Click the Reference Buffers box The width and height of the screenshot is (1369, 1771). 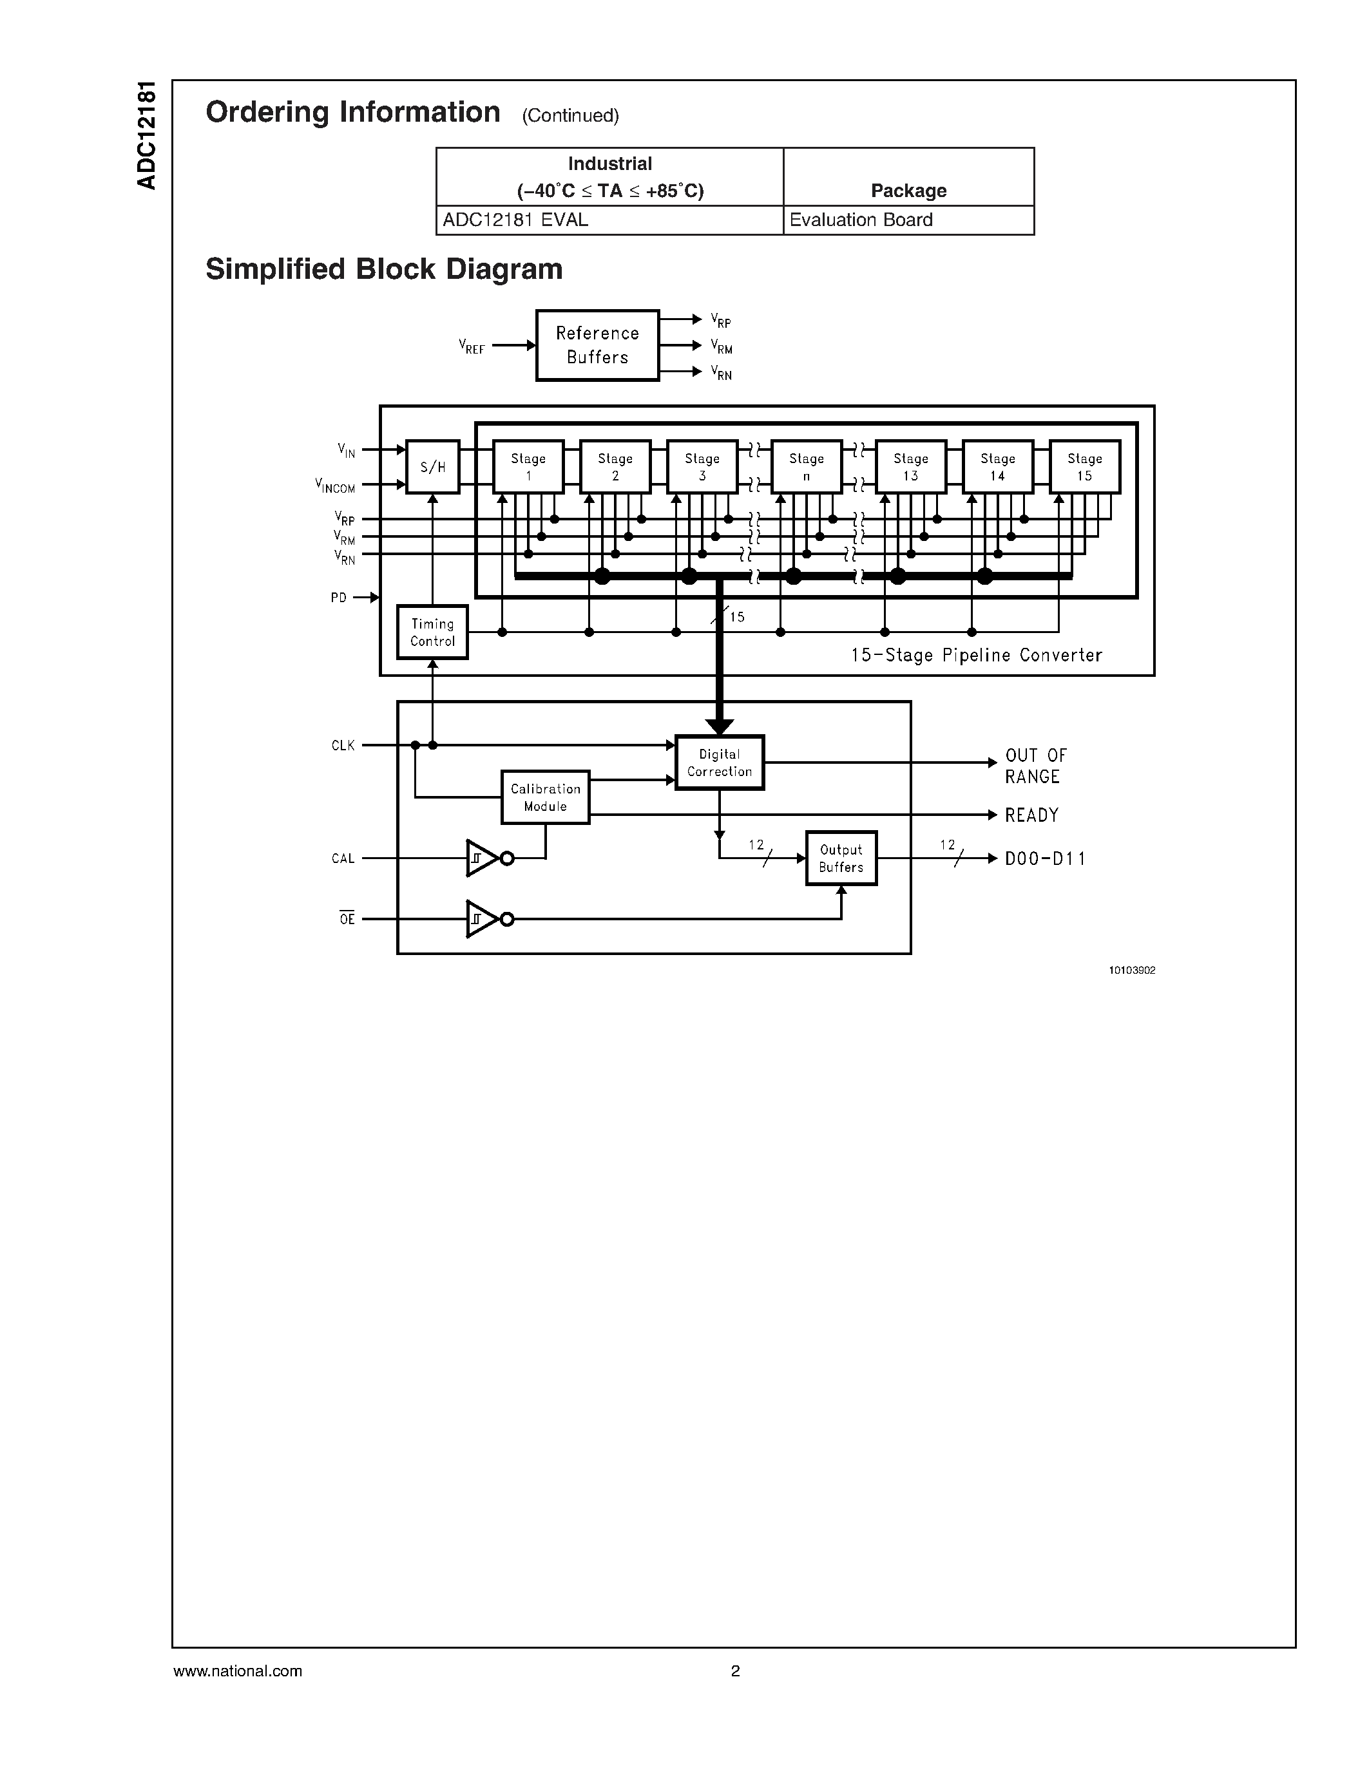click(597, 345)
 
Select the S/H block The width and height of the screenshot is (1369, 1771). click(432, 466)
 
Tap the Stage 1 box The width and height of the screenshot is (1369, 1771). click(528, 466)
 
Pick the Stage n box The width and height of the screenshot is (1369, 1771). click(806, 466)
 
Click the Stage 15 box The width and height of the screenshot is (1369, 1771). click(1084, 466)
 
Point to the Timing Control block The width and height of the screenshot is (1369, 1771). click(432, 632)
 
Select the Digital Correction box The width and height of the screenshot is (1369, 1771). click(720, 762)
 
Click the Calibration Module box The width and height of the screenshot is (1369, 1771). click(545, 797)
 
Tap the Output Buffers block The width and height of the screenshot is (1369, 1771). click(841, 858)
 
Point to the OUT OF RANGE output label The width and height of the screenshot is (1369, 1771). click(1035, 766)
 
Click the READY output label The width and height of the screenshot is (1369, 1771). click(1031, 815)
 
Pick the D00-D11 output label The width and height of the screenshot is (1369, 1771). click(1044, 858)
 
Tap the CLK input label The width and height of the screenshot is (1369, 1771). click(343, 745)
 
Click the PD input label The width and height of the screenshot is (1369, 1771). click(338, 598)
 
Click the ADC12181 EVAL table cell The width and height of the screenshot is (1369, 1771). click(609, 220)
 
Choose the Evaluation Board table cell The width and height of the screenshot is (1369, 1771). click(908, 220)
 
